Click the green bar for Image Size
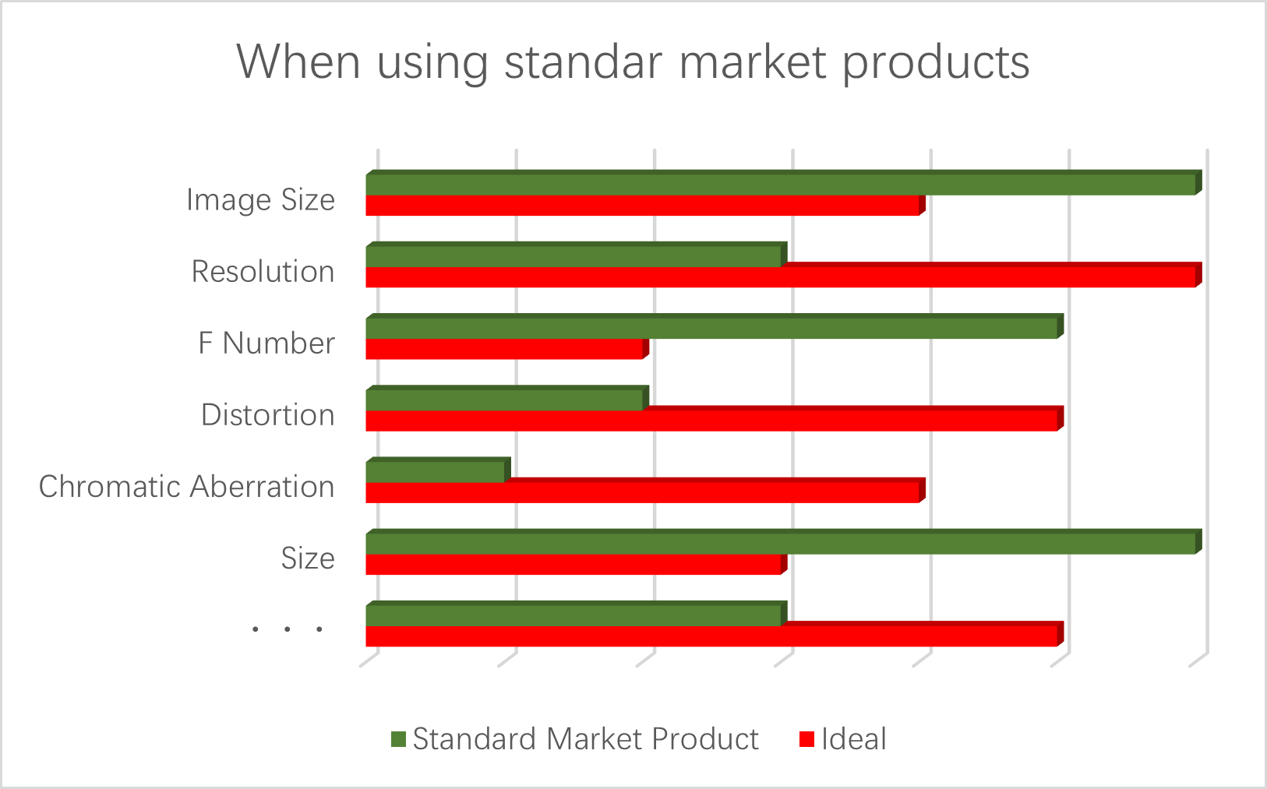[783, 182]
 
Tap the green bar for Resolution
[577, 255]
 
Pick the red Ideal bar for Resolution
[783, 275]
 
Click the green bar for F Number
[715, 326]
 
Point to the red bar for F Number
[507, 348]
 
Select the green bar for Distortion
[507, 398]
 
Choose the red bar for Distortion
[715, 419]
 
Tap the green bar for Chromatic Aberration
[439, 470]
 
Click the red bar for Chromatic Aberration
[645, 491]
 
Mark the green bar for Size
[783, 541]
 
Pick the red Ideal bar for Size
[577, 563]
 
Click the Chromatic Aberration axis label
[187, 487]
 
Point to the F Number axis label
[266, 343]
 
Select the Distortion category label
[268, 415]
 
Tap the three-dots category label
[288, 629]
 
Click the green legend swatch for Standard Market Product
[399, 739]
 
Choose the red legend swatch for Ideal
[806, 739]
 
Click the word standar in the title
[583, 62]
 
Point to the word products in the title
[936, 63]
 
